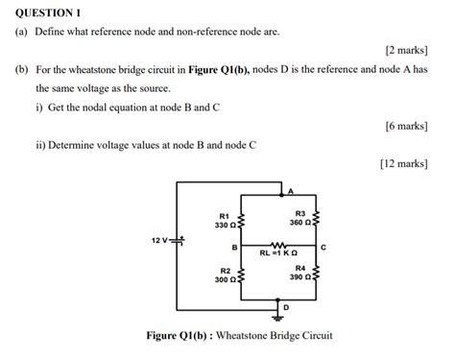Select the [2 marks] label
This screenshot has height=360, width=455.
point(404,50)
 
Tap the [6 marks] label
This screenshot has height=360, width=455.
point(404,126)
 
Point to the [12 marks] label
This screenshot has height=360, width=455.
point(402,164)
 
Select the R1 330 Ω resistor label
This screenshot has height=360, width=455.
point(223,221)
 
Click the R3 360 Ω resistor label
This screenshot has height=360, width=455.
point(300,218)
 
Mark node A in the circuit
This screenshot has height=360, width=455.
point(291,192)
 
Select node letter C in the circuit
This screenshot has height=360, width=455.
point(324,248)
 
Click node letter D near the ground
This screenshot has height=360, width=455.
point(285,306)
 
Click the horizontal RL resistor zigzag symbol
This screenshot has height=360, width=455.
point(279,245)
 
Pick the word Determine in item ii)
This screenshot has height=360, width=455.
point(75,146)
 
